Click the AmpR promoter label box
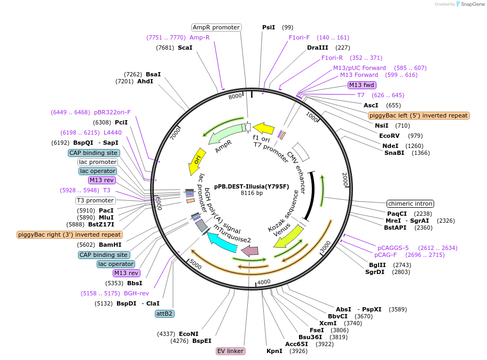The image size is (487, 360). point(216,27)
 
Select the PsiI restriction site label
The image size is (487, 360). point(269,27)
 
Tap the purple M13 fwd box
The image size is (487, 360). point(362,85)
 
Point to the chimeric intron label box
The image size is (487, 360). point(410,204)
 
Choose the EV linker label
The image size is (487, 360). point(231,351)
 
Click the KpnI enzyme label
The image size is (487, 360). point(274,351)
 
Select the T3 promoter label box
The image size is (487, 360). point(95,201)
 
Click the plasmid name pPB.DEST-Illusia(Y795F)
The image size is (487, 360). point(252,186)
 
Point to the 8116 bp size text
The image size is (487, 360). point(252,193)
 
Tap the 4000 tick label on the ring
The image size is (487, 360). point(264,282)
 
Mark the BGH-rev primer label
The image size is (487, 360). point(136,293)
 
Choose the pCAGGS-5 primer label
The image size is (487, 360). point(393,248)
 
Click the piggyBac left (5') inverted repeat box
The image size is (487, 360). point(419,115)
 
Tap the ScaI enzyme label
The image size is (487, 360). point(185,48)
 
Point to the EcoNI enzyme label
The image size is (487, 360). point(188,334)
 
